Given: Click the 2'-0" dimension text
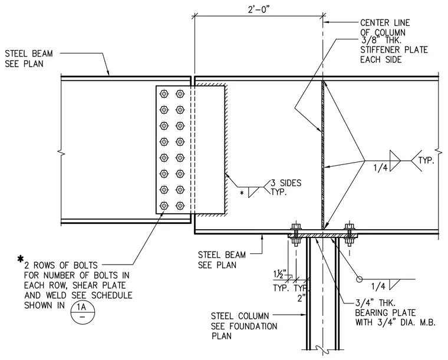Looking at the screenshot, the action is tap(259, 9).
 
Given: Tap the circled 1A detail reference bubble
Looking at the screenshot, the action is tap(83, 312).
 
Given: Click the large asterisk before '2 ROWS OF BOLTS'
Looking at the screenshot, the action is tap(20, 259).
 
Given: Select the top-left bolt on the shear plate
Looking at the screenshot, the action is tap(164, 94).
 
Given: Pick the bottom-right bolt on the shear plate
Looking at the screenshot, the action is tap(180, 206).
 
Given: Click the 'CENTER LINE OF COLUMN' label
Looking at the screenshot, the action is tap(385, 28).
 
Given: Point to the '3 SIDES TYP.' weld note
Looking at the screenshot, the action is tap(286, 187).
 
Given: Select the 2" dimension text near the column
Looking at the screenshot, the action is tap(301, 298).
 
